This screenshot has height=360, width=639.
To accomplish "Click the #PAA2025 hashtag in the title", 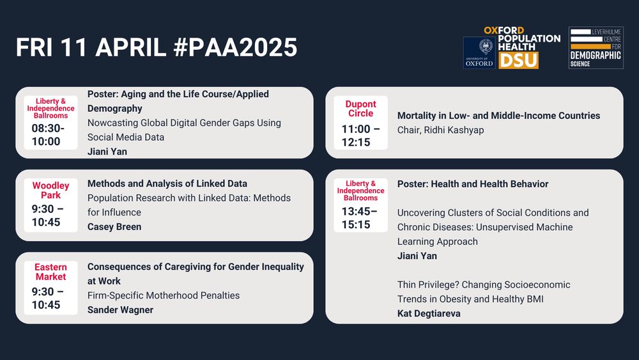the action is click(236, 47).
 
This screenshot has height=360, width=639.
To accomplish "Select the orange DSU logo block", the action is click(518, 60).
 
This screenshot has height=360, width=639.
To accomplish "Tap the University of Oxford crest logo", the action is click(479, 52).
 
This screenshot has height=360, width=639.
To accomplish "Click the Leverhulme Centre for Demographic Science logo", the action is click(596, 48).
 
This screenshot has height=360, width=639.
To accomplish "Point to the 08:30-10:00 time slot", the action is click(48, 135).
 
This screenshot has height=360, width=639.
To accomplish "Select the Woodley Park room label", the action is click(50, 191).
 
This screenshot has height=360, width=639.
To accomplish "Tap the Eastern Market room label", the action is click(50, 272).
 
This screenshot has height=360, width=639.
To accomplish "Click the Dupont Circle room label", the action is click(360, 109).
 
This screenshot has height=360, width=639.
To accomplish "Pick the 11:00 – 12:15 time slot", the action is click(360, 136).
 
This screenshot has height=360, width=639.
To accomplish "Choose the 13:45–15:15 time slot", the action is click(359, 218).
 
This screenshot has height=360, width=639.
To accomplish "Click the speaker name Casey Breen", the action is click(114, 227).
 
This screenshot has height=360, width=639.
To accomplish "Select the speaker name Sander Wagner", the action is click(120, 310).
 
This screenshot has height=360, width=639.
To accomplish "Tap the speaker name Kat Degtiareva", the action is click(429, 313).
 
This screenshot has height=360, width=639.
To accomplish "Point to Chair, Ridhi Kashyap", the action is click(440, 130).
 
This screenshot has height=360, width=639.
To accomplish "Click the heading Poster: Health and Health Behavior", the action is click(473, 184).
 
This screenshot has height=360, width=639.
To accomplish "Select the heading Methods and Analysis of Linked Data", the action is click(167, 184).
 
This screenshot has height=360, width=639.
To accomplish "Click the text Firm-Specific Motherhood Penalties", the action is click(164, 295).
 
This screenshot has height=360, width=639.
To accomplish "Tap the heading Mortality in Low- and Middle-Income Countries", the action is click(499, 116).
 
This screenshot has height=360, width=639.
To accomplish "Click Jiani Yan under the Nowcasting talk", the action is click(107, 152).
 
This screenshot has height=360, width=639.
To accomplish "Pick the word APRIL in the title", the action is click(131, 47).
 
